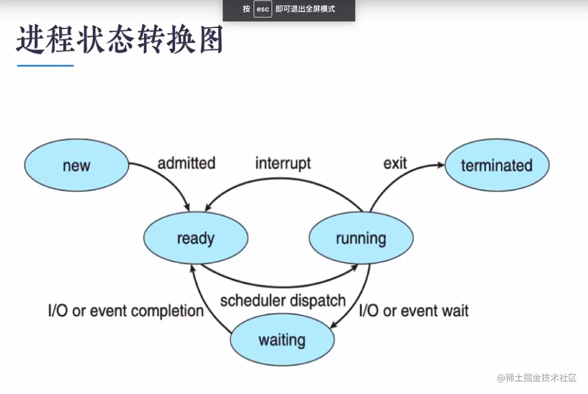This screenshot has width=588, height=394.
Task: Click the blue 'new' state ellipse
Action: (x=77, y=165)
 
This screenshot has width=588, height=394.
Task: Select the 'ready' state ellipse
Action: (x=196, y=238)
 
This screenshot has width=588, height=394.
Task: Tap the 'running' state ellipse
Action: (x=361, y=238)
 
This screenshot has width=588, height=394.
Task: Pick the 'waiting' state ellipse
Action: (x=282, y=340)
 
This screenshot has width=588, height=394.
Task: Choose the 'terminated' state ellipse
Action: (x=497, y=165)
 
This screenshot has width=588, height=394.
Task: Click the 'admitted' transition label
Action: (x=187, y=163)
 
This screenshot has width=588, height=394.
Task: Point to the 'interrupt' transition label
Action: (x=283, y=163)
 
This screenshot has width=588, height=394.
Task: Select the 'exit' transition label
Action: (x=395, y=163)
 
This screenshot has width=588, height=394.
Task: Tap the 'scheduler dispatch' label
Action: (x=283, y=300)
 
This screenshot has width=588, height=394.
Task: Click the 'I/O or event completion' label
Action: (x=126, y=311)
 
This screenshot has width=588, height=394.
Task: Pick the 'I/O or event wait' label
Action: (x=413, y=311)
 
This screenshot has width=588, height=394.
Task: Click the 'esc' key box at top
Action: (x=263, y=9)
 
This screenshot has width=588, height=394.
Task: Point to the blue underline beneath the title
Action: (x=45, y=66)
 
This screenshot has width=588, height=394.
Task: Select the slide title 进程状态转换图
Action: (x=120, y=39)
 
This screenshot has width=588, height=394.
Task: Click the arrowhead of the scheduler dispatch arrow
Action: (x=354, y=267)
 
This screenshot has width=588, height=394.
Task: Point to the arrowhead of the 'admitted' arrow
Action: (x=187, y=207)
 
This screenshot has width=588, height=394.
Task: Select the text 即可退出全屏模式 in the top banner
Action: (x=305, y=9)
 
